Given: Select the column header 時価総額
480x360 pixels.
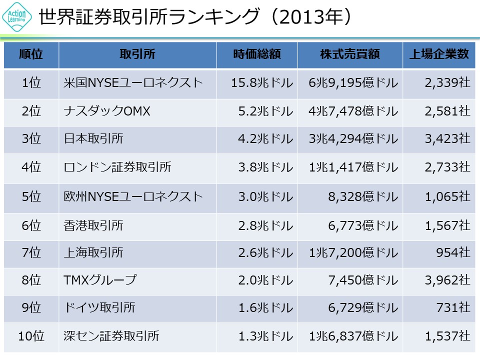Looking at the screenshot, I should pyautogui.click(x=257, y=54).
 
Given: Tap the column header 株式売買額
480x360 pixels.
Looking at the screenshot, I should pyautogui.click(x=350, y=54).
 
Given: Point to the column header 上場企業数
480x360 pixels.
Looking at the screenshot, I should pyautogui.click(x=439, y=54).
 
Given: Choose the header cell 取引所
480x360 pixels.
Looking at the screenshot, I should pyautogui.click(x=137, y=54).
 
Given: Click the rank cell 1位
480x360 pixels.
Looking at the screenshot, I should pyautogui.click(x=31, y=83).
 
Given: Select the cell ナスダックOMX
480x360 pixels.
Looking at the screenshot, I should pyautogui.click(x=107, y=111).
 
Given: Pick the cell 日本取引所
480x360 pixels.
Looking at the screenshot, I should pyautogui.click(x=93, y=139).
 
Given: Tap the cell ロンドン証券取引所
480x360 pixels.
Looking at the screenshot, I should pyautogui.click(x=117, y=167).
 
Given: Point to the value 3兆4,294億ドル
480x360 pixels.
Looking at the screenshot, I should pyautogui.click(x=353, y=139).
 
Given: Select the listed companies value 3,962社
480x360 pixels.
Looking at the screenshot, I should pyautogui.click(x=447, y=280).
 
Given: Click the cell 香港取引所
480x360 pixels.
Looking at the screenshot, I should pyautogui.click(x=93, y=225).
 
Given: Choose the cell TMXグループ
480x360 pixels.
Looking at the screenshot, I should pyautogui.click(x=100, y=280).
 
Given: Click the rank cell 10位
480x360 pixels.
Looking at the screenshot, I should pyautogui.click(x=31, y=336).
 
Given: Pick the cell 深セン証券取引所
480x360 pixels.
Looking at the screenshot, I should pyautogui.click(x=111, y=336).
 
